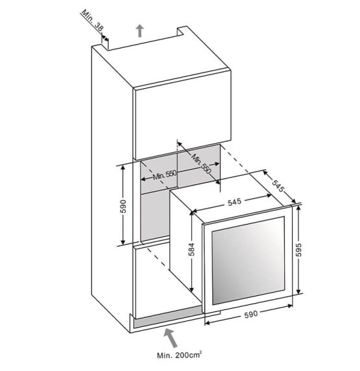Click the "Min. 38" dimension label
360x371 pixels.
[93, 21]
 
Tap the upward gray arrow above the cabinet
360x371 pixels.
[140, 30]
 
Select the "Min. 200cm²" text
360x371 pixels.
[180, 355]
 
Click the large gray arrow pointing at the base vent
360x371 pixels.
[171, 338]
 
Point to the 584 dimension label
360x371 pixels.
[191, 249]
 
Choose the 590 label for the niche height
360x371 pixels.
[123, 206]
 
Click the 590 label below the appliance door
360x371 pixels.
[250, 315]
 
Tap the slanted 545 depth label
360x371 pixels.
[277, 185]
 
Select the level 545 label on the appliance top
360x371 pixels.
[234, 202]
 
